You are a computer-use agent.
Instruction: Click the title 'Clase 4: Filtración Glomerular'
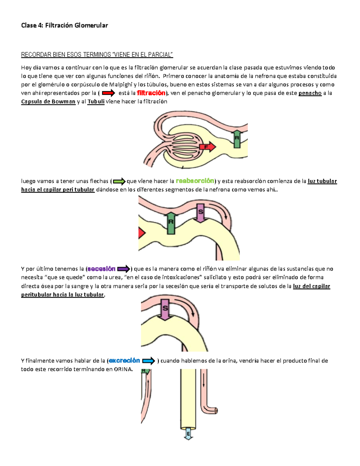[64, 26]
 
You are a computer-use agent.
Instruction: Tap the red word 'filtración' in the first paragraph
[151, 93]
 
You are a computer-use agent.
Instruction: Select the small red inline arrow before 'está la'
[108, 93]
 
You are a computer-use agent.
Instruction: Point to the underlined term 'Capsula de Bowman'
[48, 101]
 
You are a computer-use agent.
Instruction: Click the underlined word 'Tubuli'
[96, 101]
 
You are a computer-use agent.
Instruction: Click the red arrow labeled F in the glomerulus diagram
[208, 147]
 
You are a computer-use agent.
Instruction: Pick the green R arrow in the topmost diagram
[237, 139]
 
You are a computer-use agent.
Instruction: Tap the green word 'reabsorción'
[195, 181]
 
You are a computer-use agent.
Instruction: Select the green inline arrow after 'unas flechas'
[119, 181]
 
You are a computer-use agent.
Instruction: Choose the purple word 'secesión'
[101, 269]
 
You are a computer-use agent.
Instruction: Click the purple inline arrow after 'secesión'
[123, 269]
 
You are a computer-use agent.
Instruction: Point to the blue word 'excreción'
[124, 360]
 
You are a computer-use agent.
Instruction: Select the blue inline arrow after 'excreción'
[148, 361]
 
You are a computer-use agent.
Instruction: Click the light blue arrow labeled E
[188, 434]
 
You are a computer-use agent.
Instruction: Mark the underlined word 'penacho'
[310, 93]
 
